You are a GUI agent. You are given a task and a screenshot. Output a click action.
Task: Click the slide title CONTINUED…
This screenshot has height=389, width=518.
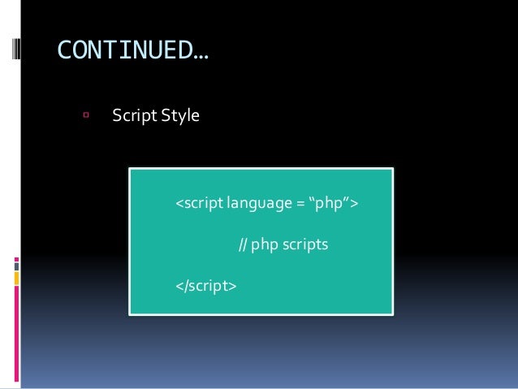(132, 53)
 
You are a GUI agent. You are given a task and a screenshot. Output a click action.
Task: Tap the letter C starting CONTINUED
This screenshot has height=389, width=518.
(64, 53)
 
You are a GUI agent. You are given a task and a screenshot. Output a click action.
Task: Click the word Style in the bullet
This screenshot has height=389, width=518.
(179, 116)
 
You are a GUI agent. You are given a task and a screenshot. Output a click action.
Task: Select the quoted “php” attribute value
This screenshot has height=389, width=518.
(330, 201)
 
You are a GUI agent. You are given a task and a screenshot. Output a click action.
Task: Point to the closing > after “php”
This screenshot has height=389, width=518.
(355, 202)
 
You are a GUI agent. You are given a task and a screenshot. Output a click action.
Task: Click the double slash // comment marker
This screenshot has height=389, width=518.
(242, 244)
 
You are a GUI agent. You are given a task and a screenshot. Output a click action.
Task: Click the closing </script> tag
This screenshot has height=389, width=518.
(206, 286)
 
